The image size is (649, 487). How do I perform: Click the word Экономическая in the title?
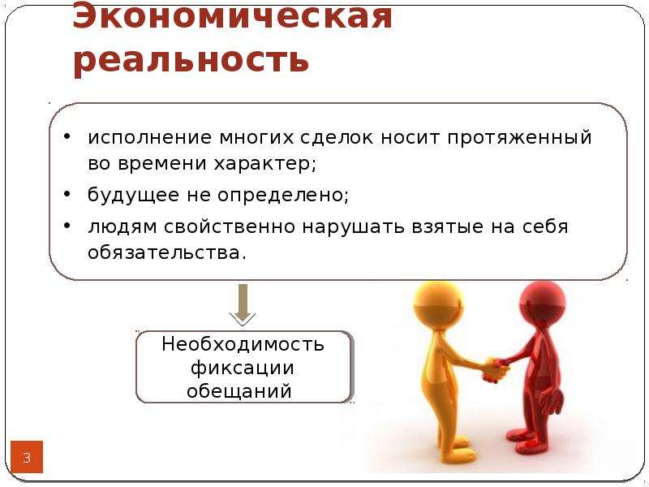(x=232, y=15)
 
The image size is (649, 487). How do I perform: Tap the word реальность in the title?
(x=191, y=60)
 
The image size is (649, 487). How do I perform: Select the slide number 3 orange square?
(x=27, y=457)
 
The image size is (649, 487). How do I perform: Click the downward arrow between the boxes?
(x=243, y=305)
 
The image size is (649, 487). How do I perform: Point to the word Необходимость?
(x=243, y=343)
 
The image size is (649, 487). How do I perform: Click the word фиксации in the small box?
(x=243, y=368)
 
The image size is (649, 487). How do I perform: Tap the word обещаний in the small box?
(x=239, y=391)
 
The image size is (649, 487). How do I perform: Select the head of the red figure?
(x=543, y=301)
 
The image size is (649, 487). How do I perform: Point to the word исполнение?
(x=150, y=137)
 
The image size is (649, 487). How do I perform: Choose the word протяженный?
(x=520, y=138)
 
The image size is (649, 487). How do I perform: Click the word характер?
(x=265, y=164)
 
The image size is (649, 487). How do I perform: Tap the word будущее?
(x=133, y=195)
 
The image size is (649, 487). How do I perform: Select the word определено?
(x=283, y=195)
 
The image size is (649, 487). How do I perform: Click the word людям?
(x=122, y=227)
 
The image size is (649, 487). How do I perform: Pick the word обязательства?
(x=167, y=252)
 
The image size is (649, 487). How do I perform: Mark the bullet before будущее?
(x=68, y=193)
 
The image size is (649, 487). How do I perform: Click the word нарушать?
(x=353, y=227)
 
